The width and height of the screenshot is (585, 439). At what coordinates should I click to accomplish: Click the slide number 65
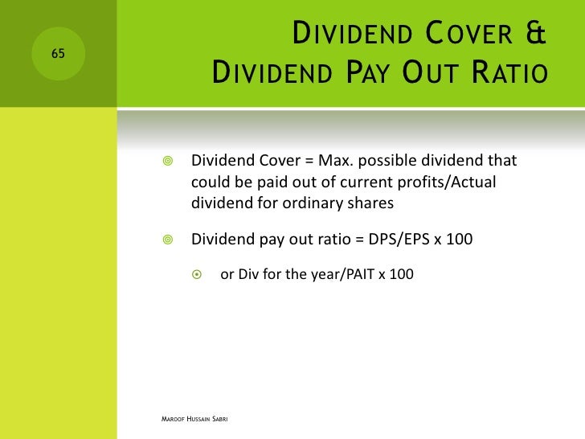click(x=59, y=54)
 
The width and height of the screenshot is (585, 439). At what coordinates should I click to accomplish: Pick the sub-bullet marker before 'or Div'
click(x=199, y=274)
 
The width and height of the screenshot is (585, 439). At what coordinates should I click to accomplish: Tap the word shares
click(x=370, y=203)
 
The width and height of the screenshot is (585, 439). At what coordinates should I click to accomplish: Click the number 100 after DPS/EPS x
click(x=456, y=240)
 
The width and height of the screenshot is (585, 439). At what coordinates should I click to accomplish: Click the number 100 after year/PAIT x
click(x=399, y=274)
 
